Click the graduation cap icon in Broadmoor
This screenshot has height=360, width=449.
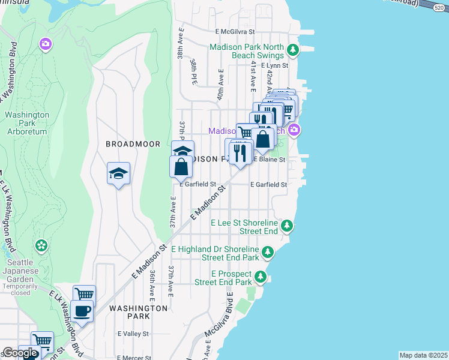coord(118,174)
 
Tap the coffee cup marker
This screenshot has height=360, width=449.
coord(82,311)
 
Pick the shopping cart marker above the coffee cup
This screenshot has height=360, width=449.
coord(84,294)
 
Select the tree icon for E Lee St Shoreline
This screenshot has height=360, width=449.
coord(288,226)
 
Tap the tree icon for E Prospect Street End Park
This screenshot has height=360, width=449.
coord(261,277)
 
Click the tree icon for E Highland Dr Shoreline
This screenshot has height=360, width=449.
coord(268,252)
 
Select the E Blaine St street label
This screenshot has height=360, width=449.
coord(268,160)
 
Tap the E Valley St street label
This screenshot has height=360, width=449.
coord(133,334)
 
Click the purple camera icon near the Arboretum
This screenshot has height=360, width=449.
coord(45,44)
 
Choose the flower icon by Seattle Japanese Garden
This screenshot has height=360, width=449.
coord(41,245)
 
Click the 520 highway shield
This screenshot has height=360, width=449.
coord(440,5)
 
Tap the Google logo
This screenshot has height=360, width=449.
coord(20,353)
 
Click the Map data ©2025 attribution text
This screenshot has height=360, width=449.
coord(423,355)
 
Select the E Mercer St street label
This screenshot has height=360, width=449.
coord(134,358)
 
